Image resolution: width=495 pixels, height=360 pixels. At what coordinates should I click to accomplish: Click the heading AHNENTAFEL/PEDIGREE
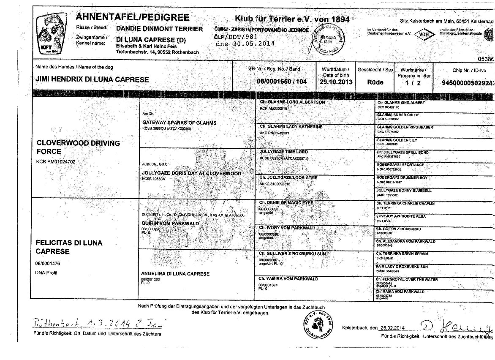[133, 18]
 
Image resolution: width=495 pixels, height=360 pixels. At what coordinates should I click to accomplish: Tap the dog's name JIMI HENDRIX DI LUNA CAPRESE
[92, 79]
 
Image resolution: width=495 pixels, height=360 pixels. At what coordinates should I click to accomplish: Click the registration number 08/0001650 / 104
[282, 82]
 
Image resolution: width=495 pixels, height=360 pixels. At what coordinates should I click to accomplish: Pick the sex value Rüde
[375, 82]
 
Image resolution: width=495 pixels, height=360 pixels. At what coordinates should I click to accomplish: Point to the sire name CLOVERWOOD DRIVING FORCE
[78, 147]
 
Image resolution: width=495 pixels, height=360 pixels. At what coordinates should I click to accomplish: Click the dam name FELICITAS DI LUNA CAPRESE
[69, 247]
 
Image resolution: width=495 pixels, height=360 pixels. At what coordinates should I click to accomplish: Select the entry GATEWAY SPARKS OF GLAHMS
[179, 123]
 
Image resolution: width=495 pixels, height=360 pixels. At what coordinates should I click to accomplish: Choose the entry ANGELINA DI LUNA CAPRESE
[175, 274]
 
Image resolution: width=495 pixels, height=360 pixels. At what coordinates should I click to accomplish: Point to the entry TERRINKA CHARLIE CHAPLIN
[405, 203]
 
